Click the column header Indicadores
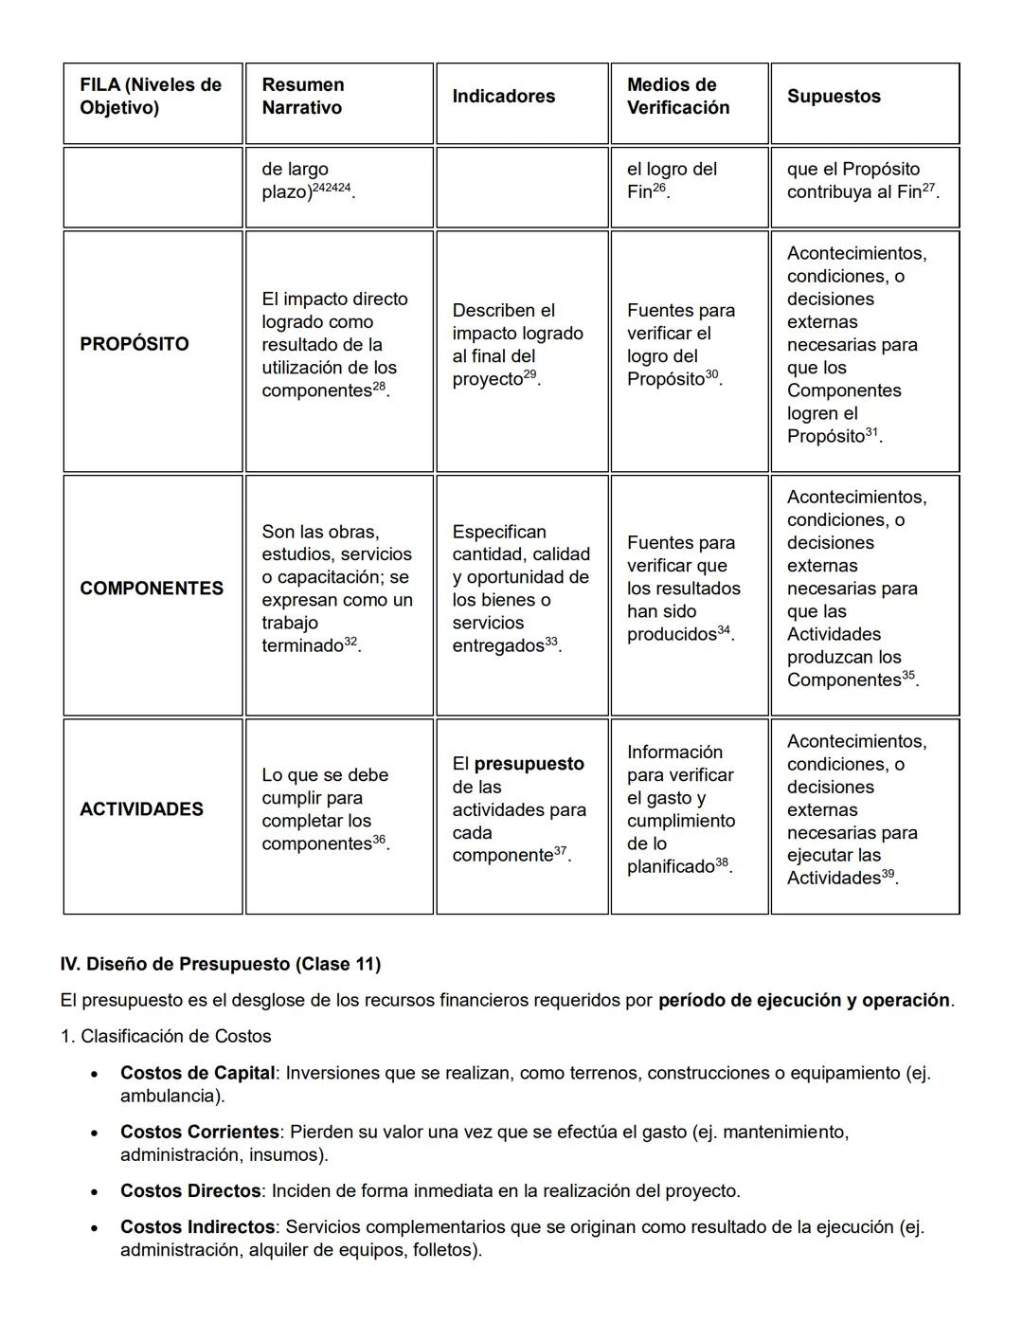[x=503, y=97]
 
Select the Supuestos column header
[x=833, y=97]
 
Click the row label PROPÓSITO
[x=135, y=344]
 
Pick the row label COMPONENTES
[x=152, y=589]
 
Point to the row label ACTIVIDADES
[x=141, y=809]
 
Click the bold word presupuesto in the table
[x=529, y=764]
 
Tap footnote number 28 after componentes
[x=379, y=386]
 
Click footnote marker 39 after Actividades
[x=888, y=874]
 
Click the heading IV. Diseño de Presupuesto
[x=220, y=964]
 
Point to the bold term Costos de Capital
[x=197, y=1073]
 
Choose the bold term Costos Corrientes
[x=199, y=1132]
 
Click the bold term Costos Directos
[x=189, y=1190]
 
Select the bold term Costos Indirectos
[x=197, y=1226]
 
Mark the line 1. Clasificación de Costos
[x=166, y=1036]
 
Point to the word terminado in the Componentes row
[x=301, y=646]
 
